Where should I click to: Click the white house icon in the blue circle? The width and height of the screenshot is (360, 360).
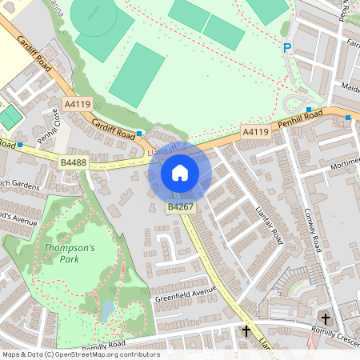[x=180, y=172]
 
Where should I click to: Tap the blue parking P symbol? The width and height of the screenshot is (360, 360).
[x=287, y=49]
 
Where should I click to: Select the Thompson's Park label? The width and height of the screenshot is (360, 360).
[x=69, y=253]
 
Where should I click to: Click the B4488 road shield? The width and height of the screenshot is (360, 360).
[x=73, y=162]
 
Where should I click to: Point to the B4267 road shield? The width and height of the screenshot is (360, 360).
[x=178, y=207]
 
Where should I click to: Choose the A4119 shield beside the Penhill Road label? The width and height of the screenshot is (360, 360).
[x=255, y=132]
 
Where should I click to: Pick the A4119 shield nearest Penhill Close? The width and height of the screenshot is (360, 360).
[x=78, y=104]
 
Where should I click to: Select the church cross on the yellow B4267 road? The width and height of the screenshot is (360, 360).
[x=246, y=330]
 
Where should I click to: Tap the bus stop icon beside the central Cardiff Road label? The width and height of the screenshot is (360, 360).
[x=140, y=133]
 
